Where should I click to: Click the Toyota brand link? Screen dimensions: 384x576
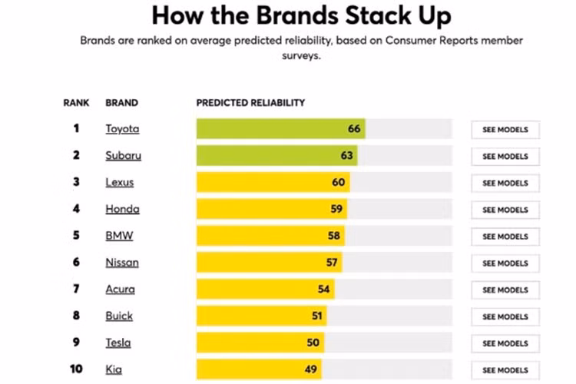122,129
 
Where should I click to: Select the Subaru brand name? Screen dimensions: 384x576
123,156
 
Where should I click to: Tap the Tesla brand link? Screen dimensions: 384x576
118,343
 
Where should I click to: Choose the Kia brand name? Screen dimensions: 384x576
114,370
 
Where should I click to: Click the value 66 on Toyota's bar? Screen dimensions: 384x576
354,129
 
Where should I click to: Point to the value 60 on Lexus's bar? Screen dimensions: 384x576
339,183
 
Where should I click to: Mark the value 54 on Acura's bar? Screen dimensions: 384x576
323,290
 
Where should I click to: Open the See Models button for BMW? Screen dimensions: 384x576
505,237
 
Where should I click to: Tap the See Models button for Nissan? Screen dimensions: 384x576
505,263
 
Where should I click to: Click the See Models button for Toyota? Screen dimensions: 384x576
505,130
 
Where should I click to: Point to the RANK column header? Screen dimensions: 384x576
76,103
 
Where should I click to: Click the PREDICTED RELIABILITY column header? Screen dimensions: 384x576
250,103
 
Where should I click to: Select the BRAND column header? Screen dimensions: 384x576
121,103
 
